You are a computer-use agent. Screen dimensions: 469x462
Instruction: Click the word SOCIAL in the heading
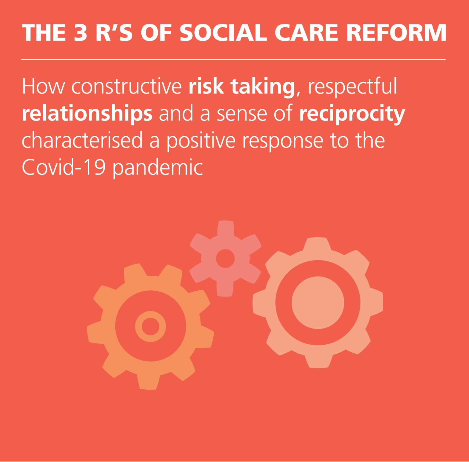tap(223, 33)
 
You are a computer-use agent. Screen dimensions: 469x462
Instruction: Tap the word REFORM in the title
tap(396, 33)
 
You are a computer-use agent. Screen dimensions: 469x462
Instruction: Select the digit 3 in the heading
tap(80, 33)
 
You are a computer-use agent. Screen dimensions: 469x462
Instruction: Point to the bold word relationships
tap(87, 113)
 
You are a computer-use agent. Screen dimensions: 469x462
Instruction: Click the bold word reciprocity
tap(352, 113)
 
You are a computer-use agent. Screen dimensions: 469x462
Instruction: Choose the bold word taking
tap(263, 87)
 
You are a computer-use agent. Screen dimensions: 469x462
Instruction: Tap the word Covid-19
tap(64, 167)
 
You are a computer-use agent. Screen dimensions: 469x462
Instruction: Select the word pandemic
tap(158, 168)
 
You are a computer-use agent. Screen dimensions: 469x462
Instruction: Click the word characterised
tap(82, 140)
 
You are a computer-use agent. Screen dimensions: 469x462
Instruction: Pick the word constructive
tap(127, 87)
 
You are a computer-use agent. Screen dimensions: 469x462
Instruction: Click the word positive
tap(201, 141)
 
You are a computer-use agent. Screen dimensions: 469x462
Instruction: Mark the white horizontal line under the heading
tap(234, 59)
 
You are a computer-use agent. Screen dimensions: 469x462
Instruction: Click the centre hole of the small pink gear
tap(225, 258)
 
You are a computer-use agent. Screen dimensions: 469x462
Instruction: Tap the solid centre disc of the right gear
tap(318, 303)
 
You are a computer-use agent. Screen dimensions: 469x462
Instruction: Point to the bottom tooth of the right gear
tap(318, 362)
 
